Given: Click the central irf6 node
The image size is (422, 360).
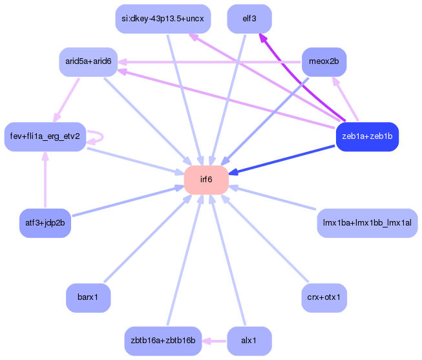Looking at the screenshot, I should (x=206, y=180).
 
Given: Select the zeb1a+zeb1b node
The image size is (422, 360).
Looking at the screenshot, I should (x=367, y=136).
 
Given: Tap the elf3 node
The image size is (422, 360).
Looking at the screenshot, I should (x=249, y=19).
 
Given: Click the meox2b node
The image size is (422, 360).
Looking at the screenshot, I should (x=324, y=62).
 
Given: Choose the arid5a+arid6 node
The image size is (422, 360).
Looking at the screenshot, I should (x=88, y=62).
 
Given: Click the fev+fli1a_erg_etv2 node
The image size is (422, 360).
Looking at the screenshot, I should (x=45, y=136).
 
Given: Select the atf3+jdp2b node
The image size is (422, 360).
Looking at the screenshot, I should (x=45, y=224).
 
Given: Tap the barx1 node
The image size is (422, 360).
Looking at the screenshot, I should (x=88, y=298).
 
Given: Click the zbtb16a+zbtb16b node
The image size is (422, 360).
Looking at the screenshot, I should (x=162, y=341).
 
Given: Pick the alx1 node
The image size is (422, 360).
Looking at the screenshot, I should (x=249, y=341).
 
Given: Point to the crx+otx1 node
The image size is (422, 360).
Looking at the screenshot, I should (x=324, y=298).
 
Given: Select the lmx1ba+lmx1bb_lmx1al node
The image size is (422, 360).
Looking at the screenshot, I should (x=367, y=224).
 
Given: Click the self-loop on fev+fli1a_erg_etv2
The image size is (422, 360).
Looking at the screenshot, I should (x=101, y=136).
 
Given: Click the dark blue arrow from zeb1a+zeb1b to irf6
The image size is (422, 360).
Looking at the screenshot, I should (x=284, y=159).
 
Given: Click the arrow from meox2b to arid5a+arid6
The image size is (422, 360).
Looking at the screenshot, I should (x=213, y=62).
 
